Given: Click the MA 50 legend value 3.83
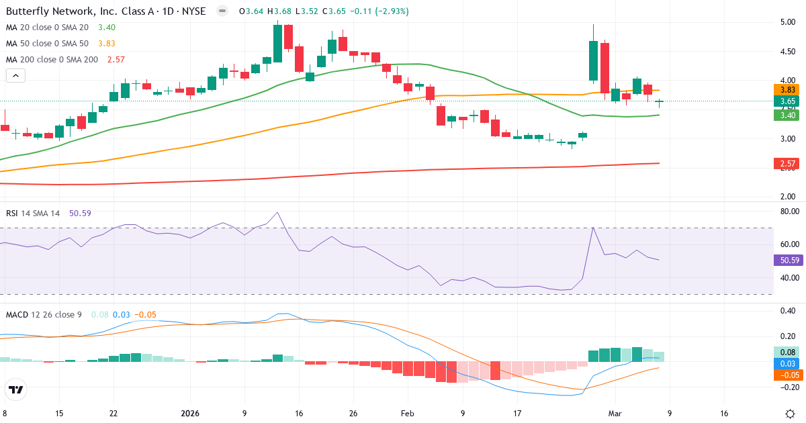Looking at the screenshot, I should click(x=107, y=44).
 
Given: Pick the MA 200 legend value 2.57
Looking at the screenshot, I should click(x=116, y=59).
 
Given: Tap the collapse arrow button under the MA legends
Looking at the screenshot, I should click(x=15, y=76).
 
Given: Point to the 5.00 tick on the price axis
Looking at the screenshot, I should click(x=787, y=22).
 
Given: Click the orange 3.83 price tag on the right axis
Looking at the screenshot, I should click(x=787, y=90).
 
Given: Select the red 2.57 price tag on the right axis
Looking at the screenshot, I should click(x=787, y=164).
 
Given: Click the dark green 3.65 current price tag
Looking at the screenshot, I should click(x=787, y=101).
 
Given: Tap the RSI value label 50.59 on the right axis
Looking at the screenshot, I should click(x=787, y=260).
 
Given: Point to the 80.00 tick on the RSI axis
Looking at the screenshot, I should click(x=787, y=211).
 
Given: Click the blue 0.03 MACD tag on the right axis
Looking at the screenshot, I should click(x=787, y=363).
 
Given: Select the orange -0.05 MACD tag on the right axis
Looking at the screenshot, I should click(x=787, y=375).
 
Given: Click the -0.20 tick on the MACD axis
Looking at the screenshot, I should click(x=787, y=387).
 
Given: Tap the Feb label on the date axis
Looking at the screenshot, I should click(x=408, y=414).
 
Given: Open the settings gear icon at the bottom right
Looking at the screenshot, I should click(x=791, y=413).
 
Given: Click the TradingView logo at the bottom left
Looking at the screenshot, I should click(x=15, y=389).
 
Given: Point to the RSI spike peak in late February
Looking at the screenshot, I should click(x=593, y=228).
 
